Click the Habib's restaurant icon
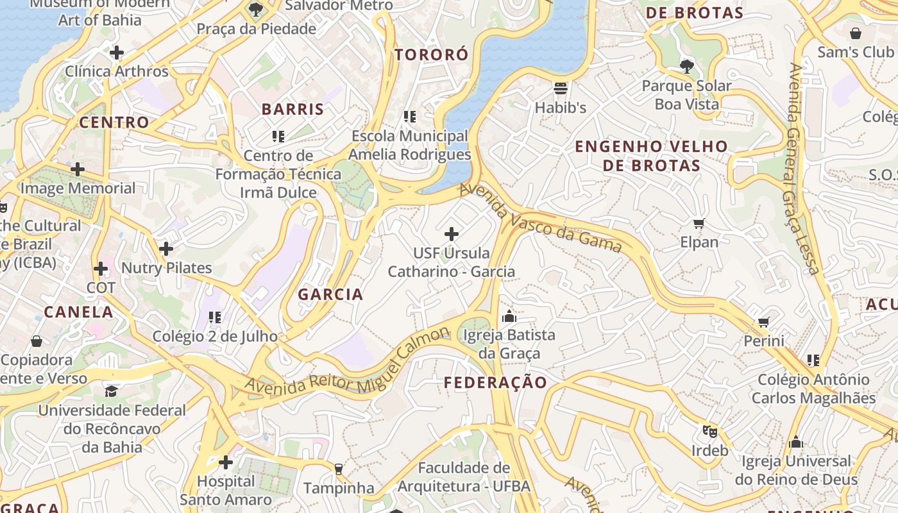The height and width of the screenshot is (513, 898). coord(561,88)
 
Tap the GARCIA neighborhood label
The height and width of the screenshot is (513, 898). coord(330,294)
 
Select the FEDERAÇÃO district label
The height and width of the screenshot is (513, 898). coord(496,383)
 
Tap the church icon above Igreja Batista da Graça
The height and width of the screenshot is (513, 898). coord(509,316)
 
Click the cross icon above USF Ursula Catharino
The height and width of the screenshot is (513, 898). coord(452,234)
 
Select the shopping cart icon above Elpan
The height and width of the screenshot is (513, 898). coord(699,224)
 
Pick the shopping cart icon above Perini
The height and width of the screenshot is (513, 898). coord(763,323)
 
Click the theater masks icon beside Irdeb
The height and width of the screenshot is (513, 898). coord(709,432)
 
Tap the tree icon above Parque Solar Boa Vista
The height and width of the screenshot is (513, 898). coord(686,66)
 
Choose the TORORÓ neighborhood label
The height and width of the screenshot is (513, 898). coord(432,55)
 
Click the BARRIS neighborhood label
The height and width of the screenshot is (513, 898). coord(292,109)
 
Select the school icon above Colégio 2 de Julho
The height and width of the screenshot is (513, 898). coord(215,317)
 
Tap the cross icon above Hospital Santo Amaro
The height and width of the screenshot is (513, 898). coord(225,462)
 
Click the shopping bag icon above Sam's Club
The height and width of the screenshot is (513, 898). coord(855,33)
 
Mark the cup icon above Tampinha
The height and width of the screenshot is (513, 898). coord(339,469)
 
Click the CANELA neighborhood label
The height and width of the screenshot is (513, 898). coord(78,312)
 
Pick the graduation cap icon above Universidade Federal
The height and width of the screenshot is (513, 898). coord(112,391)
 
